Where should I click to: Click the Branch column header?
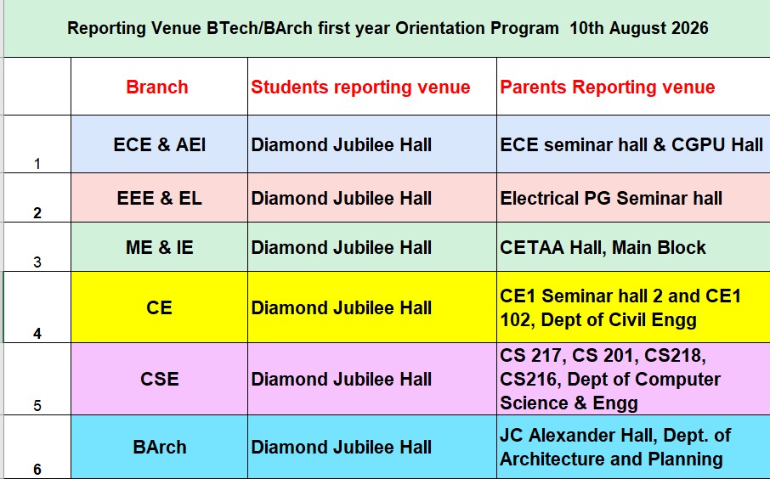[x=157, y=87]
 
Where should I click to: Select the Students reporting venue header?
[x=360, y=87]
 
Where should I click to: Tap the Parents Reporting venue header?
[x=608, y=87]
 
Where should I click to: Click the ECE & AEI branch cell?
[x=160, y=144]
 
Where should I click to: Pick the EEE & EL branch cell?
[x=160, y=198]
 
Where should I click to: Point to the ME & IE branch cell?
[x=160, y=247]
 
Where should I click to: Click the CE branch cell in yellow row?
[x=159, y=307]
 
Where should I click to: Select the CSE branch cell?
[x=160, y=379]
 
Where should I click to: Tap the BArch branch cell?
[x=160, y=447]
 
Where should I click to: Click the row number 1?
[x=37, y=164]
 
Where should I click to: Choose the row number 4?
[x=37, y=334]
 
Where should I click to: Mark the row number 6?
[x=37, y=470]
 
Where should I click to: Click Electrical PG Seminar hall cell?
[x=611, y=198]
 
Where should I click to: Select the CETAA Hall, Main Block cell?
[x=603, y=247]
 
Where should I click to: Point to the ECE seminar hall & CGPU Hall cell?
[x=631, y=144]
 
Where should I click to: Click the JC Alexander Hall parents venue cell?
[x=615, y=447]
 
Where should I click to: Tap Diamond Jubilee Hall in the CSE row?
[x=342, y=379]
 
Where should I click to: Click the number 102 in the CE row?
[x=518, y=320]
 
